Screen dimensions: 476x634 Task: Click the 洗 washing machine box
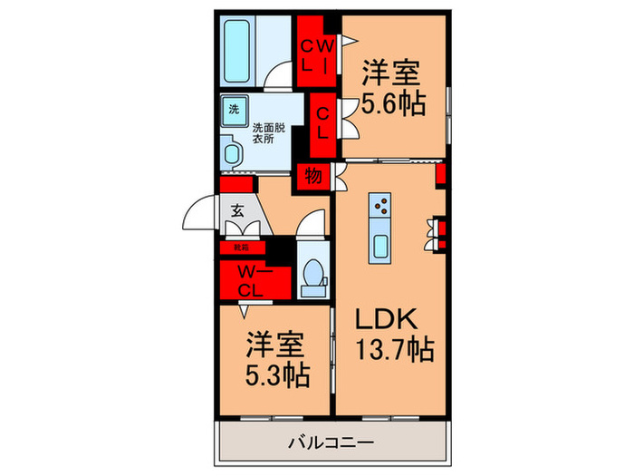[x=235, y=109]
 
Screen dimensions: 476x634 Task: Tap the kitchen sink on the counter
[x=380, y=243]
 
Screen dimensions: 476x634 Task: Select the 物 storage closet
[x=314, y=177]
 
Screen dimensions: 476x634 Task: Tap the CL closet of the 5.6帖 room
[x=322, y=119]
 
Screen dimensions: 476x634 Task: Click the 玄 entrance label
[x=237, y=209]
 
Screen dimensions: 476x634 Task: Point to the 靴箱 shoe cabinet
[x=241, y=246]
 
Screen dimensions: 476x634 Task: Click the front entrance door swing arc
[x=199, y=213]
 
